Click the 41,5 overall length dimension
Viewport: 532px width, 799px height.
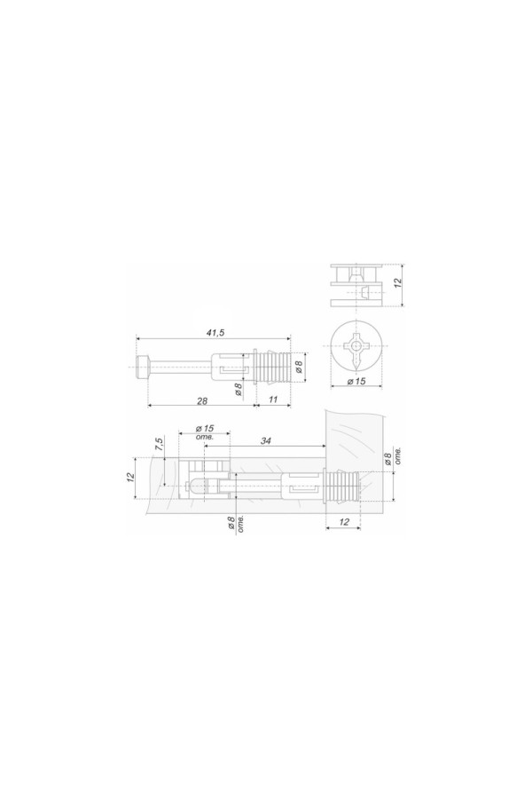click(215, 333)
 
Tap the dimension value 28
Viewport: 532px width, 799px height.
click(202, 400)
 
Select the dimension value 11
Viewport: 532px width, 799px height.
click(273, 400)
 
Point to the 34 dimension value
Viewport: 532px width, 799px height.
click(265, 440)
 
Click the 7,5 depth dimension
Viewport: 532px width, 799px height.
click(160, 443)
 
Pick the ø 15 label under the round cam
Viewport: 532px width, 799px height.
click(356, 381)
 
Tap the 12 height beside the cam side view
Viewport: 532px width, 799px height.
click(398, 282)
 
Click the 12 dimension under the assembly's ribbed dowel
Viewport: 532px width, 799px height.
click(344, 522)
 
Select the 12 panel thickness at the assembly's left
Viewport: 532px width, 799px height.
click(130, 477)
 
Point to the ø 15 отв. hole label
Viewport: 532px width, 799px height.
click(204, 432)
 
